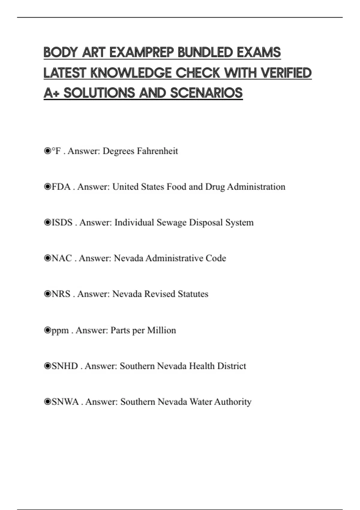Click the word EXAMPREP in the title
[141, 52]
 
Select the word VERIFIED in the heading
[286, 73]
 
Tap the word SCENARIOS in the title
[206, 93]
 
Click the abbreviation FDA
[61, 187]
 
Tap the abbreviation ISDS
[62, 223]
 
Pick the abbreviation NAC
[62, 258]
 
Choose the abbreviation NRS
[61, 294]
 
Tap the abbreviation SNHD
[65, 366]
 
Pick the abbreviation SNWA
[65, 402]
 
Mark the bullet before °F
[47, 151]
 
